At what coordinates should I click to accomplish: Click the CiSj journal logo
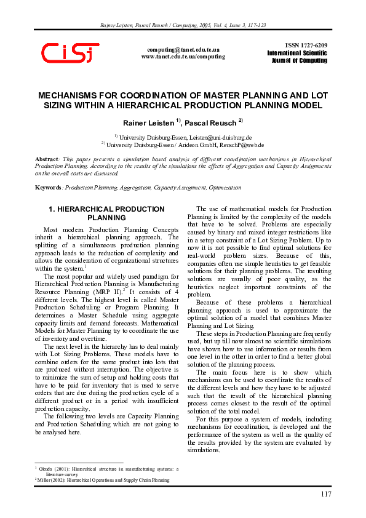pos(70,53)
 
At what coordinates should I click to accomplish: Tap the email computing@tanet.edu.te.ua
pos(183,49)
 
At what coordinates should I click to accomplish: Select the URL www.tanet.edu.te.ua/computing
pos(183,56)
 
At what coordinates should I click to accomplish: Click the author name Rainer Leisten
pos(149,123)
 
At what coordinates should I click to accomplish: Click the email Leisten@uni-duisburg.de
pos(221,137)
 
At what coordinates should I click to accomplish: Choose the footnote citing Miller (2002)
pos(101,480)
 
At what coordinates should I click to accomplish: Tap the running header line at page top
pos(183,25)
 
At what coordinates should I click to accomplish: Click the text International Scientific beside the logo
pos(297,54)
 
